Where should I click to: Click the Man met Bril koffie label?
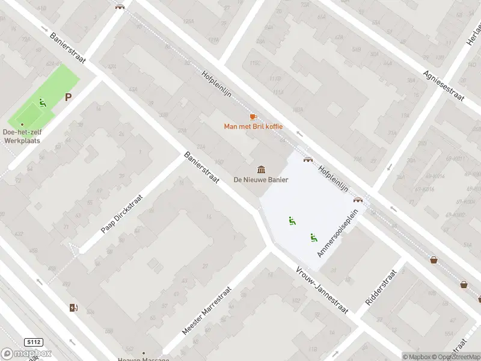[253, 126]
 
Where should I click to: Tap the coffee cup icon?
[253, 116]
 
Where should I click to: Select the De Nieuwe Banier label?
[262, 179]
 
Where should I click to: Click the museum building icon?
[262, 168]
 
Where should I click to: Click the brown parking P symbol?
[69, 97]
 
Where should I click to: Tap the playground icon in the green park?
[42, 103]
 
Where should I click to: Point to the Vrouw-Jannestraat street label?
[322, 290]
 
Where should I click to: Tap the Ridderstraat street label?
[383, 287]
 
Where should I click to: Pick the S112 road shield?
[34, 342]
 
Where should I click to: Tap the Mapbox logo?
[26, 354]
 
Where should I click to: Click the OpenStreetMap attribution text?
[454, 357]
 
